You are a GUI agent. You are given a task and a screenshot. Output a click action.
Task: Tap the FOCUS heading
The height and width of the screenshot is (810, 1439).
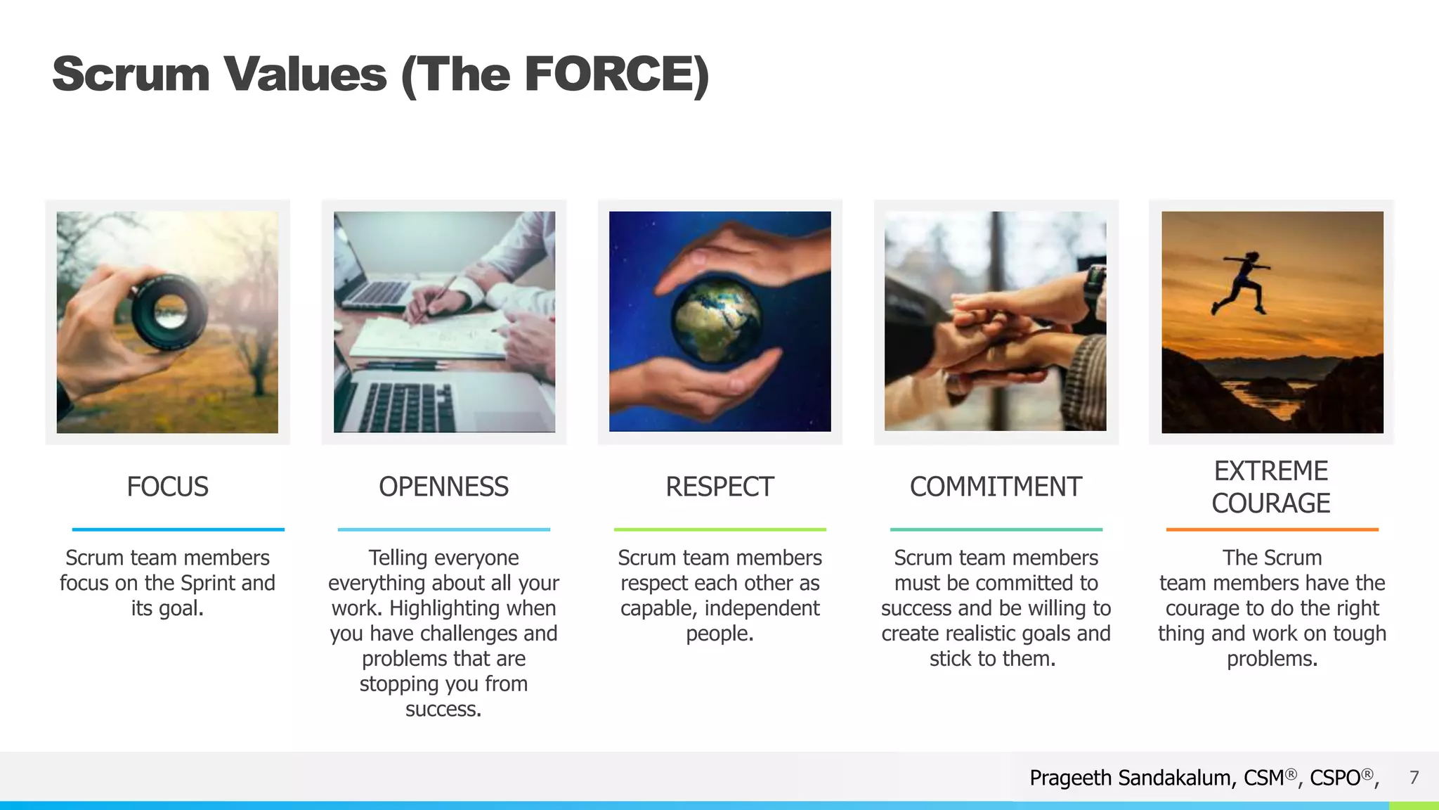click(x=167, y=487)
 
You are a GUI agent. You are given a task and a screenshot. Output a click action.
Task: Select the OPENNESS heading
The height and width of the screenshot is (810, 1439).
click(x=443, y=487)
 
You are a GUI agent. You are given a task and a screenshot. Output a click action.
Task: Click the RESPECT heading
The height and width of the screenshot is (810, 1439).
click(x=719, y=487)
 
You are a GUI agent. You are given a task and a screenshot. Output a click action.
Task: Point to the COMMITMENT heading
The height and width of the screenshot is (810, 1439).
click(x=996, y=487)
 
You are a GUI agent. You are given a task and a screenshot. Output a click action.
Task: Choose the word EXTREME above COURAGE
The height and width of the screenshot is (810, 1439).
click(x=1271, y=470)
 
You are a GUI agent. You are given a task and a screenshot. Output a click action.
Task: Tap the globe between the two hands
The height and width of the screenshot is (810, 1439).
click(x=717, y=320)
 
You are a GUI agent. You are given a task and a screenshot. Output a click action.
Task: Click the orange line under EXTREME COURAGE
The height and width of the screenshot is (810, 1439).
click(x=1272, y=529)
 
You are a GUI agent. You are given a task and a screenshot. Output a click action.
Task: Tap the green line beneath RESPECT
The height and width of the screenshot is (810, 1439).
click(x=719, y=529)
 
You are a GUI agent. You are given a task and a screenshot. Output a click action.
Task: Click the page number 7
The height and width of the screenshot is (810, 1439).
click(x=1414, y=777)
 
